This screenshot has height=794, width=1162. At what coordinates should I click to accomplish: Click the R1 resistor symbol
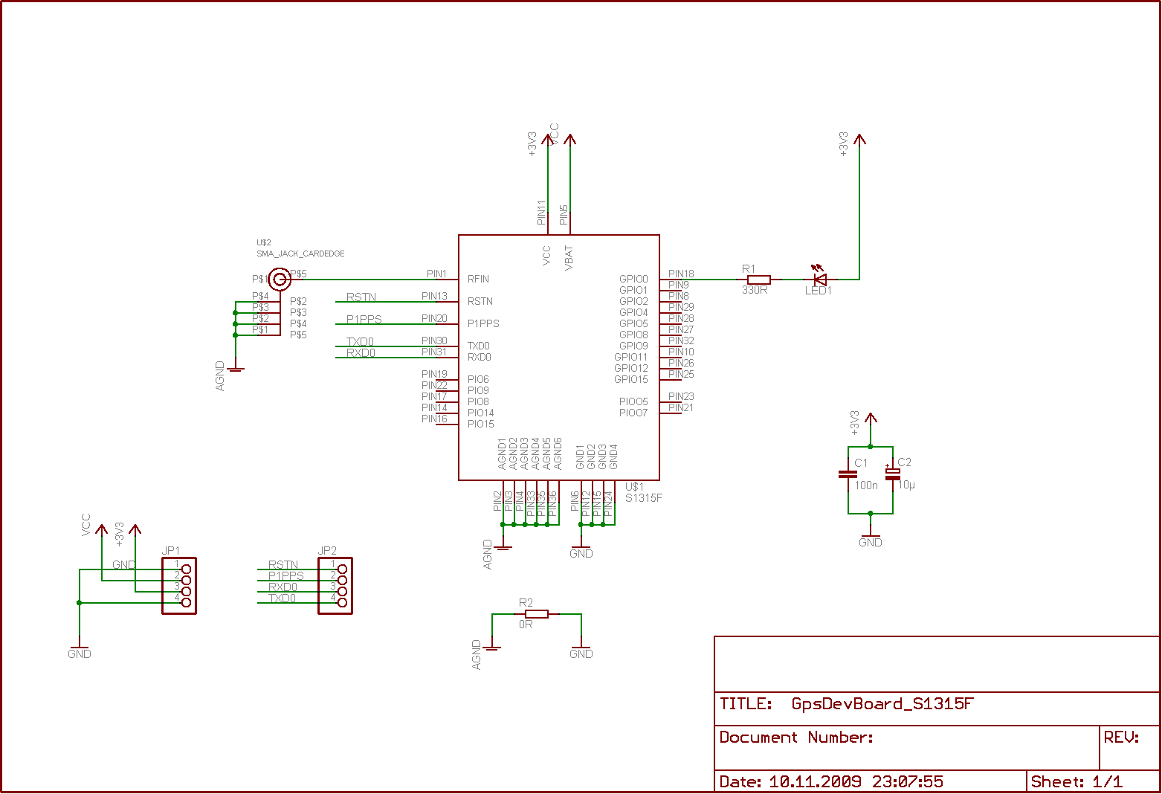(x=759, y=280)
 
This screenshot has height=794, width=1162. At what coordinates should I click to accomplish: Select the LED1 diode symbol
(x=820, y=280)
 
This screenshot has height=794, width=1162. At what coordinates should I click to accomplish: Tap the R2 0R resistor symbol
(x=537, y=614)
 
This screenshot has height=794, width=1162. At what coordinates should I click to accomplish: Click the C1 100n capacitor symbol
(x=848, y=474)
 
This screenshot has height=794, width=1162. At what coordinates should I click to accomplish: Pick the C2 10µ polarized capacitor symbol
(x=892, y=474)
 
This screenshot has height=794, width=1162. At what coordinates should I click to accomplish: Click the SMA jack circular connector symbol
(x=280, y=280)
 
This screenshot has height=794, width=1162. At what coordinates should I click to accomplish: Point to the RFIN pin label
(x=478, y=280)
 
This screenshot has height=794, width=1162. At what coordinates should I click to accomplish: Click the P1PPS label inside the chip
(x=483, y=324)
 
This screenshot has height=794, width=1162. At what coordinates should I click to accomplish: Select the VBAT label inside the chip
(x=569, y=257)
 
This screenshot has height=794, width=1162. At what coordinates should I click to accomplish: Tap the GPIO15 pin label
(x=631, y=380)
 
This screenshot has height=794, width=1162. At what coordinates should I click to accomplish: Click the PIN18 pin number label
(x=681, y=274)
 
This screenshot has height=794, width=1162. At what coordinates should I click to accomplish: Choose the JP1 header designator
(x=171, y=551)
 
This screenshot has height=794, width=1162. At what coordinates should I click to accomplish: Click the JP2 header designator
(x=327, y=551)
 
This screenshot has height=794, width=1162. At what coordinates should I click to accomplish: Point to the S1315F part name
(x=644, y=498)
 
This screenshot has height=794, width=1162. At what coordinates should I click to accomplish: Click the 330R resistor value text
(x=755, y=290)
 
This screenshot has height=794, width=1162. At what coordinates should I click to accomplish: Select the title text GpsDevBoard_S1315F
(x=882, y=704)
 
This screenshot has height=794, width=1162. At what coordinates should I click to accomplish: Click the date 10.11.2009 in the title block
(x=815, y=781)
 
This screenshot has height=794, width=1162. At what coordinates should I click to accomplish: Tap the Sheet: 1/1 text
(x=1077, y=781)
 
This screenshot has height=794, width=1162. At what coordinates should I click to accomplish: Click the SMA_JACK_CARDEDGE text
(x=300, y=254)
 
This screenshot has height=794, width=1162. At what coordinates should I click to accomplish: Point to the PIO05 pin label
(x=633, y=402)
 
